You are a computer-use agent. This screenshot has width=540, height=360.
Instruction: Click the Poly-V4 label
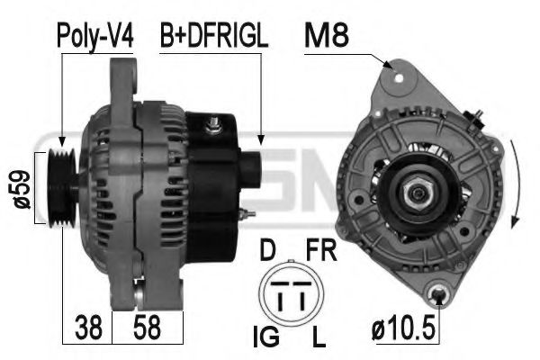click(95, 36)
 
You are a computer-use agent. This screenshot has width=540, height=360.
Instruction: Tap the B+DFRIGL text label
click(213, 36)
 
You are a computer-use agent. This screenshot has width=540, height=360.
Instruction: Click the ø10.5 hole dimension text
click(405, 328)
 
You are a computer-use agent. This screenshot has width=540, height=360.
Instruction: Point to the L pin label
click(318, 338)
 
